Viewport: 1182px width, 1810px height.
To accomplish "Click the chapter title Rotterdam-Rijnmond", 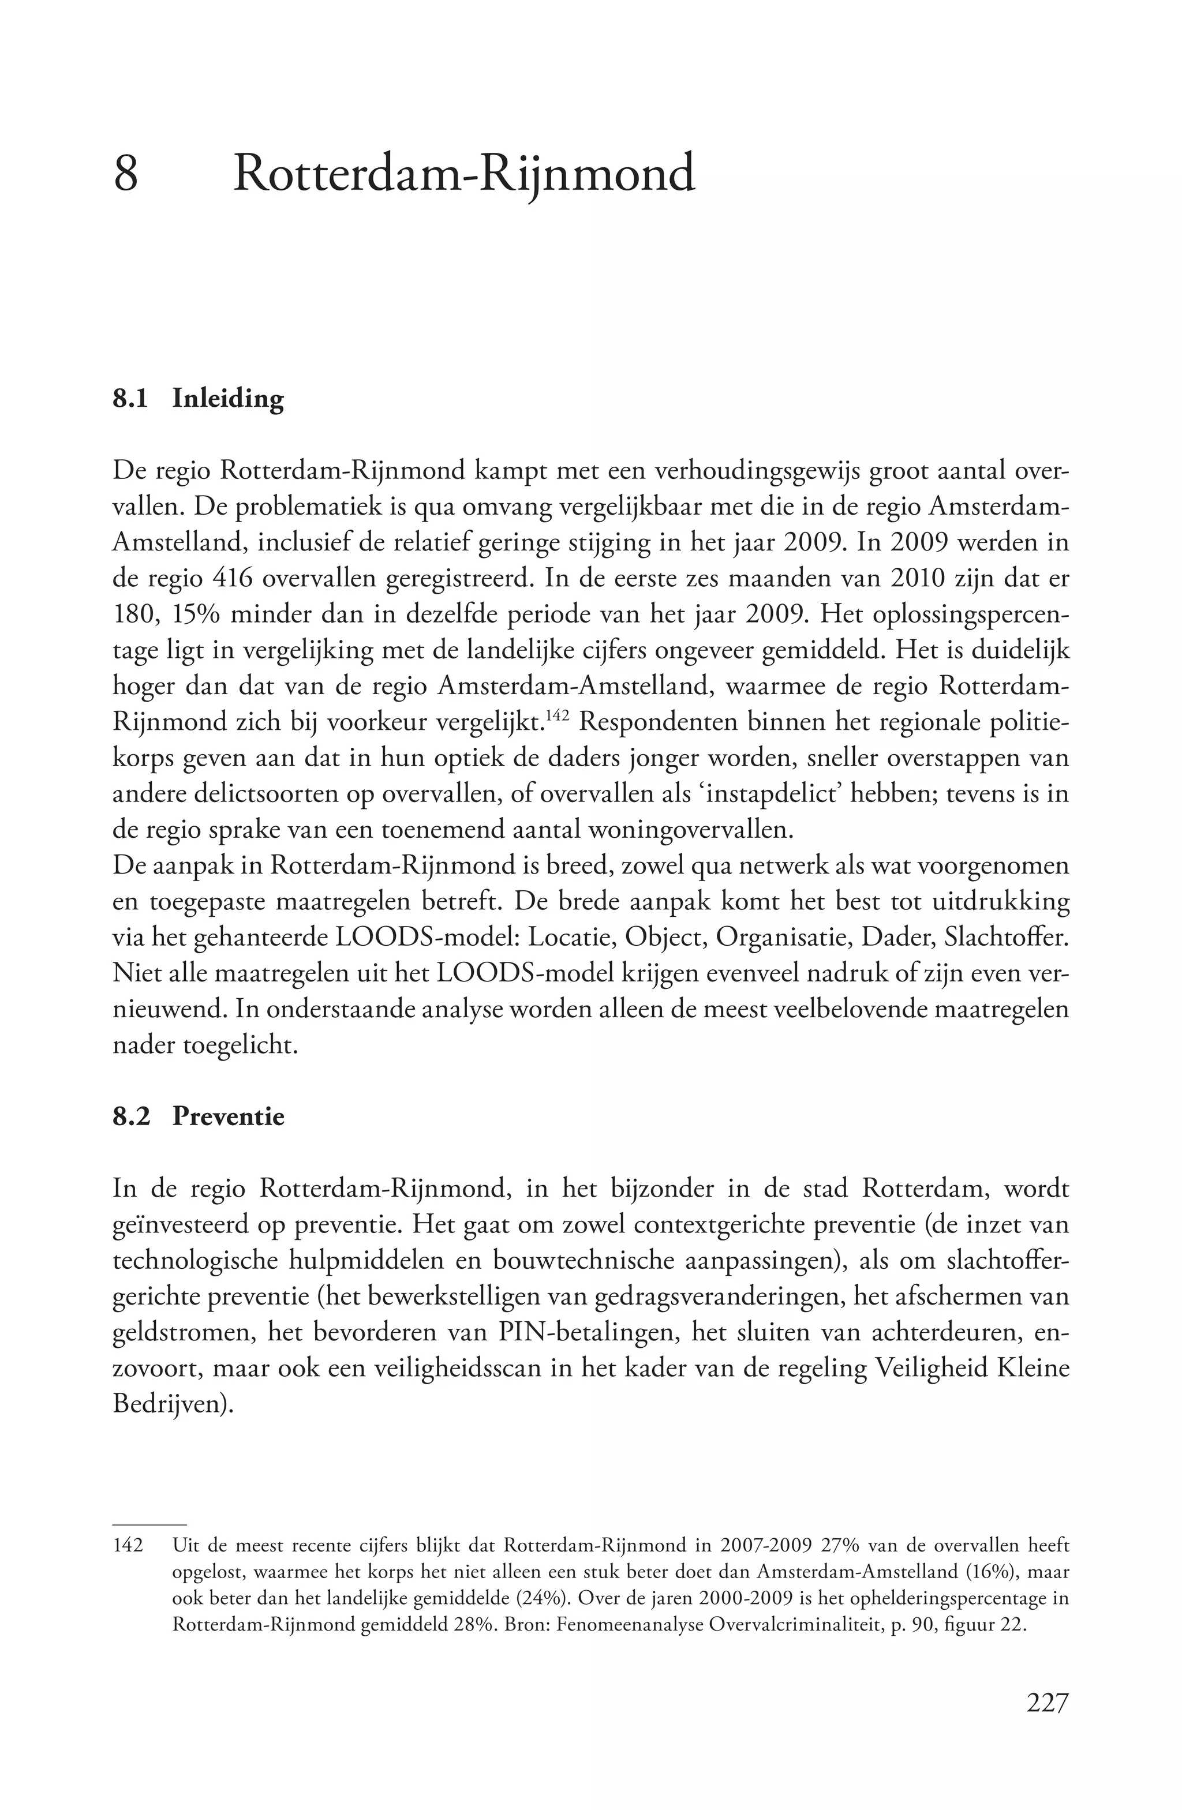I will [464, 174].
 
